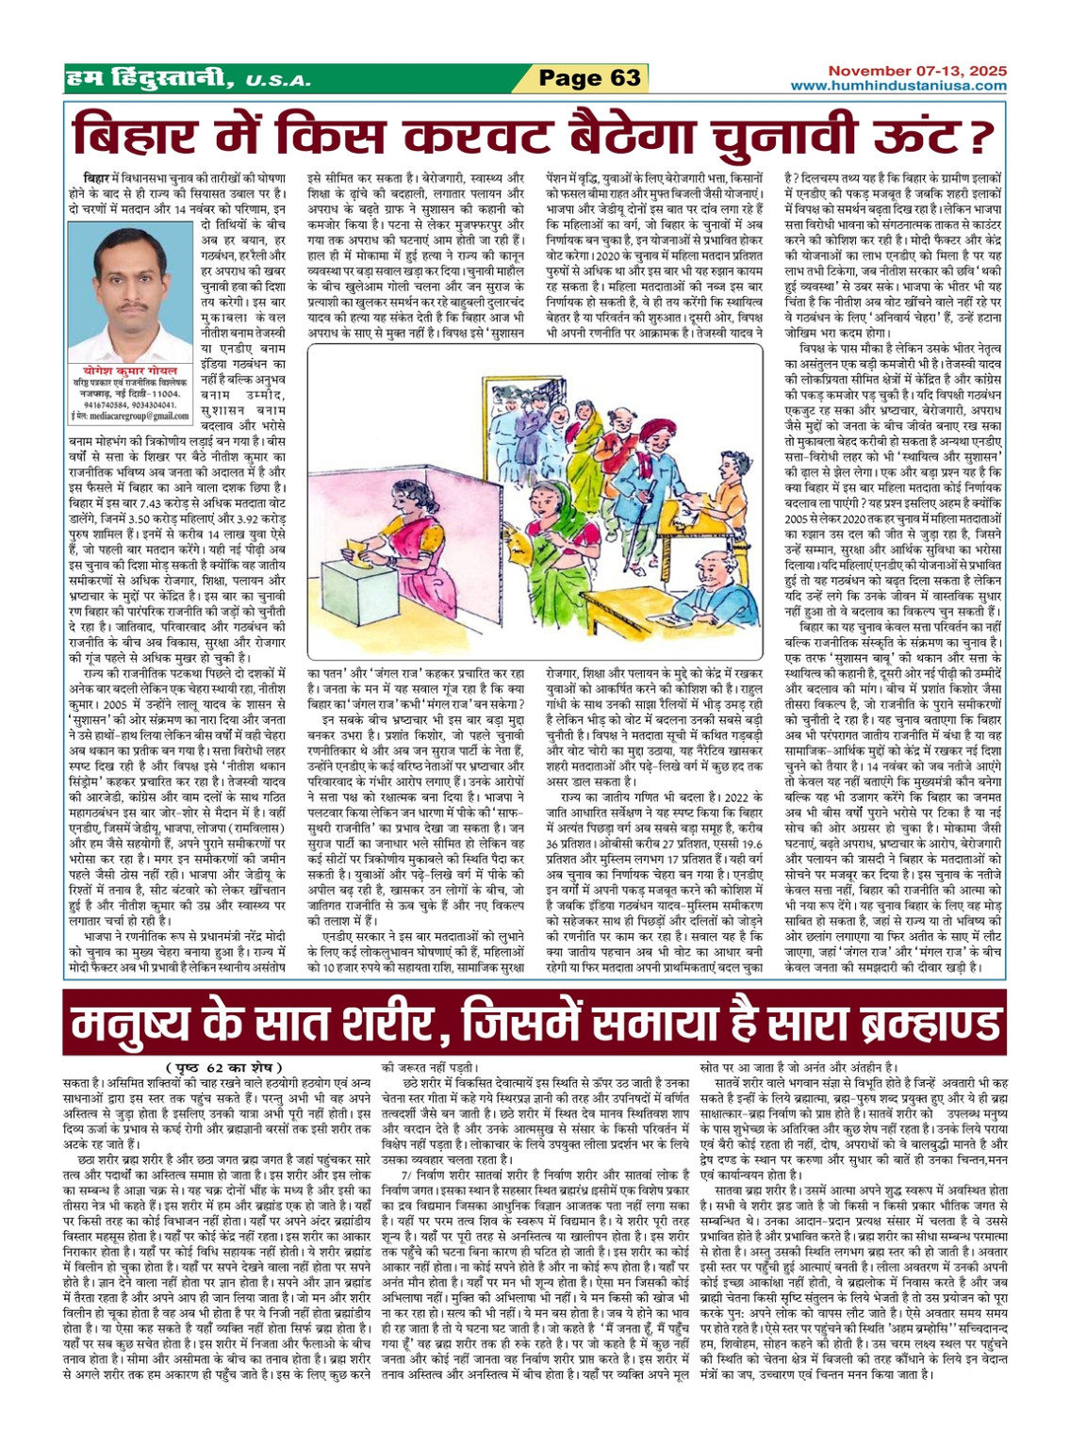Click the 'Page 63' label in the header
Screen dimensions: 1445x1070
tap(589, 78)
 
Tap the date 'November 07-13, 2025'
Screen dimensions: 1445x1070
tap(917, 71)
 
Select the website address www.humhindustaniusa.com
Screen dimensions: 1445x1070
tap(898, 86)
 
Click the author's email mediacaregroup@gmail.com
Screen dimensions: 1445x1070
tap(130, 416)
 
